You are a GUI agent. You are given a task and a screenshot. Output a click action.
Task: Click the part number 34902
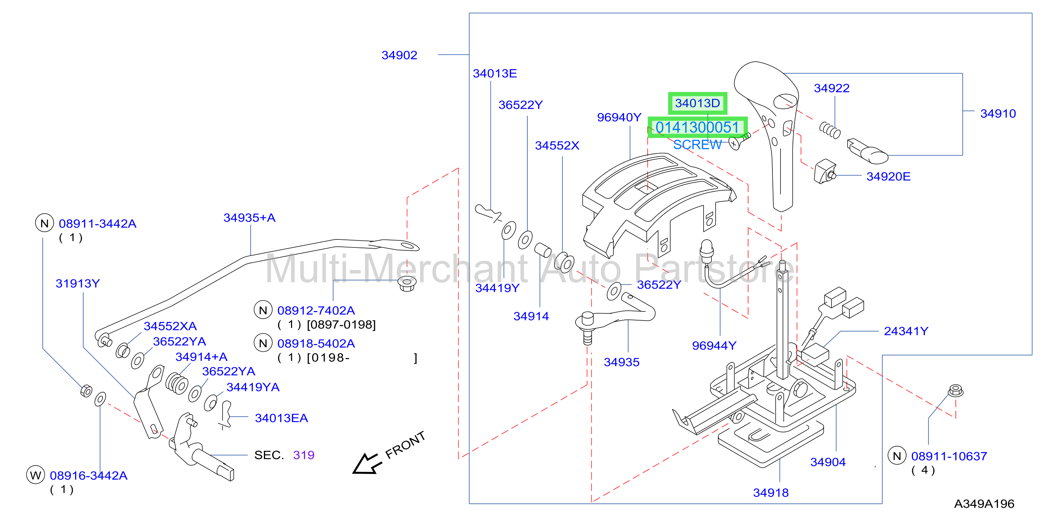click(x=399, y=55)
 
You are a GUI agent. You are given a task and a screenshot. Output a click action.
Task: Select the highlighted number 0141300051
click(x=697, y=127)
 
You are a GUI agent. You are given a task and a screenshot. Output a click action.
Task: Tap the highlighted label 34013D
click(x=697, y=103)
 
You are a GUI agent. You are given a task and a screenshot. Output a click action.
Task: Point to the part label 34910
click(x=998, y=114)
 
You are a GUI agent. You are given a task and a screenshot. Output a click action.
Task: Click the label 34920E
click(x=888, y=177)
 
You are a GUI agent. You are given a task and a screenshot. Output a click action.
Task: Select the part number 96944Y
click(x=714, y=346)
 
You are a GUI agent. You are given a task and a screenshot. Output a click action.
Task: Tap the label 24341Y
click(x=906, y=331)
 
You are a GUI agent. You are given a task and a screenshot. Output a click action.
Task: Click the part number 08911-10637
click(x=949, y=456)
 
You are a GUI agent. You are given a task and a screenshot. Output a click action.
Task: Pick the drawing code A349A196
click(x=984, y=504)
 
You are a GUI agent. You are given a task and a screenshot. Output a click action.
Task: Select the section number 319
click(x=304, y=455)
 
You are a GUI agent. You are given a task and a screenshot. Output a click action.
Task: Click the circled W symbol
click(x=35, y=475)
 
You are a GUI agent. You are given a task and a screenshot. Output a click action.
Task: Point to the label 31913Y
click(x=78, y=284)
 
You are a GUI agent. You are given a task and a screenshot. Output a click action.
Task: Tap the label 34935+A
click(x=249, y=218)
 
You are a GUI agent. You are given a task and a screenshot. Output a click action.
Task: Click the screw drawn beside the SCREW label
click(x=739, y=140)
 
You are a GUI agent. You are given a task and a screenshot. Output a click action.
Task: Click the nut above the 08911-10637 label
click(x=955, y=390)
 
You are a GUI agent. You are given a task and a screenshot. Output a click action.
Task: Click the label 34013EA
click(x=282, y=418)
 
